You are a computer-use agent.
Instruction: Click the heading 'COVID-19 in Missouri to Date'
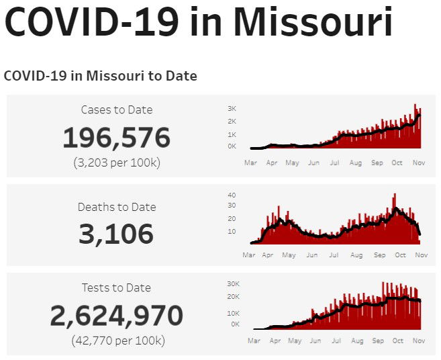tap(101, 76)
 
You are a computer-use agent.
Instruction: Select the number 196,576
tap(117, 138)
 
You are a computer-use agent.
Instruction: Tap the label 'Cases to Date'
tap(117, 109)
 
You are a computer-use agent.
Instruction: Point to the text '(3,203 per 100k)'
tap(117, 163)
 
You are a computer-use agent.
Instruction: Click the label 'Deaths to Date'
tap(117, 207)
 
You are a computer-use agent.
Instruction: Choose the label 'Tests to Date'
tap(117, 287)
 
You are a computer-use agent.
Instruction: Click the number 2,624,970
tap(117, 316)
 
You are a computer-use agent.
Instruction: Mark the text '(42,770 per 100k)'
tap(117, 341)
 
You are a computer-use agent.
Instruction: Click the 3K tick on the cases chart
tap(232, 108)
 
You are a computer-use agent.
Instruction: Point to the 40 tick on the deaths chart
tap(232, 195)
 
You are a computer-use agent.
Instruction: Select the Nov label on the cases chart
tap(418, 163)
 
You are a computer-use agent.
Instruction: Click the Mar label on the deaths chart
tap(248, 255)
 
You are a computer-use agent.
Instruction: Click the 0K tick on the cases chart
tap(232, 146)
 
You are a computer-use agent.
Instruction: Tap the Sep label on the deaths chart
tap(379, 255)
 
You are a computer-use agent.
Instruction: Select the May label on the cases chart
tap(292, 163)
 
